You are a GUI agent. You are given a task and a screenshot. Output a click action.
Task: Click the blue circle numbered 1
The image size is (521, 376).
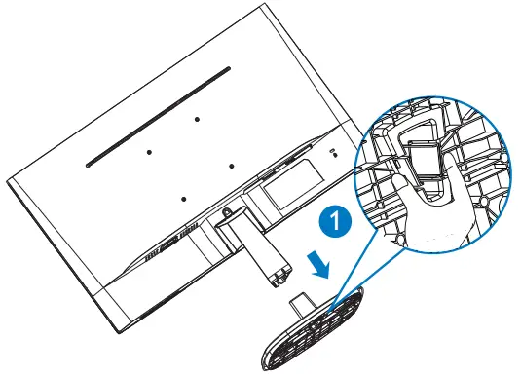(x=335, y=223)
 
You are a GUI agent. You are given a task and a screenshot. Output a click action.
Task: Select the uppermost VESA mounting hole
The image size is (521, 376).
(x=196, y=119)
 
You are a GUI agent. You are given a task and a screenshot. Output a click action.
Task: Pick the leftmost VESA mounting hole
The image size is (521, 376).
(x=149, y=152)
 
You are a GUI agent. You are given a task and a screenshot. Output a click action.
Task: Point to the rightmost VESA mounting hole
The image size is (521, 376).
(x=232, y=165)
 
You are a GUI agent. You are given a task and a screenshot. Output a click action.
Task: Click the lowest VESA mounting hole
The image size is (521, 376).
(x=182, y=198)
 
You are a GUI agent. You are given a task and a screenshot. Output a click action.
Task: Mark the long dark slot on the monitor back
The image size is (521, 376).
(x=156, y=115)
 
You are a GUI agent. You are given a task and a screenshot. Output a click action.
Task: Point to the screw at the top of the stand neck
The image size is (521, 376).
(x=226, y=210)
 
